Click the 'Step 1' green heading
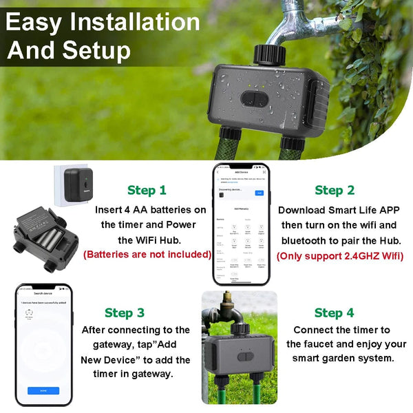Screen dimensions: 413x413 tap(147, 190)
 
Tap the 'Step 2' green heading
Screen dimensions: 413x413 tap(335, 190)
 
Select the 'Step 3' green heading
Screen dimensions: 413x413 tap(125, 313)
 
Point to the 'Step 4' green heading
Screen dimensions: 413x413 tap(334, 313)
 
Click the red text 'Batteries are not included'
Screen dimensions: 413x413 tap(147, 254)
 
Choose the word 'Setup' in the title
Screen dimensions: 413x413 tap(96, 50)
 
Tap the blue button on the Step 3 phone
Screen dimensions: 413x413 tap(43, 390)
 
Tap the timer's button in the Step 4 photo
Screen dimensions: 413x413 tap(246, 356)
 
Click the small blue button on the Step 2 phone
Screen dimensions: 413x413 tap(260, 193)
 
